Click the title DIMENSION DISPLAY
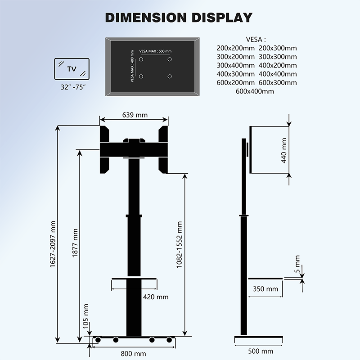[x=179, y=18]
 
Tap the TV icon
[x=72, y=69]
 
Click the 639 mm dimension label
[x=135, y=115]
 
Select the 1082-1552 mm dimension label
[x=179, y=245]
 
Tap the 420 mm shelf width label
[x=155, y=297]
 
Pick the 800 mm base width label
[x=133, y=353]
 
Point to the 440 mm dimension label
[x=283, y=150]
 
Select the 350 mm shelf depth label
[x=265, y=289]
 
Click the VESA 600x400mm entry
[x=255, y=91]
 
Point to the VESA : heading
[x=256, y=39]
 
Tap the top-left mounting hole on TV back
[x=141, y=59]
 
